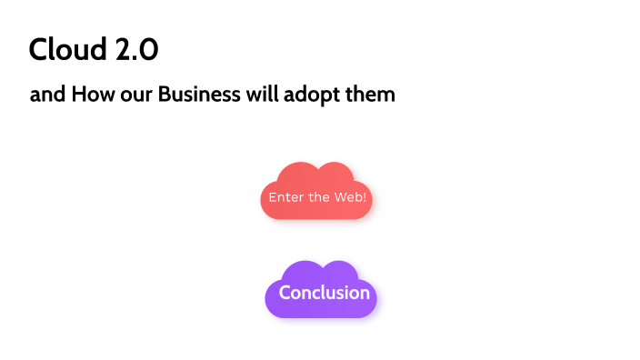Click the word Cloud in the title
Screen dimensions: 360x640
coord(68,49)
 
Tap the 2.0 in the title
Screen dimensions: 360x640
coord(136,49)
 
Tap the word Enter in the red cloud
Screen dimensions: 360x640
coord(285,197)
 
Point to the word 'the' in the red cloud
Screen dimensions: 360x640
coord(319,197)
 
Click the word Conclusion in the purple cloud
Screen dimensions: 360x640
coord(325,293)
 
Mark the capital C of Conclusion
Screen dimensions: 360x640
coord(285,293)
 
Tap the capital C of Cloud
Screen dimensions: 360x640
coord(38,49)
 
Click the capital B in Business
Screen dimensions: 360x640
coord(165,95)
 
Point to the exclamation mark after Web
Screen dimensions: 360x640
coord(365,197)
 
